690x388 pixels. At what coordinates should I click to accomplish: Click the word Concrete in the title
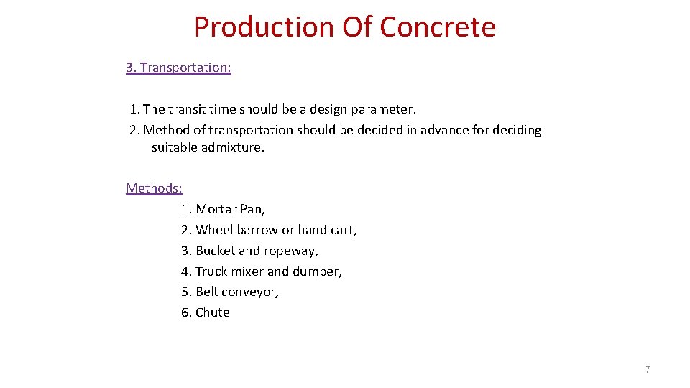pyautogui.click(x=437, y=27)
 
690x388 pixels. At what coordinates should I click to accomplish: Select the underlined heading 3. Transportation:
pyautogui.click(x=178, y=68)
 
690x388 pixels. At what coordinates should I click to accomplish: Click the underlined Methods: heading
pyautogui.click(x=154, y=188)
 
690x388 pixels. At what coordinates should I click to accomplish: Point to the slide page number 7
pyautogui.click(x=648, y=369)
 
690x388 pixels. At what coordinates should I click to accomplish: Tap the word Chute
pyautogui.click(x=213, y=313)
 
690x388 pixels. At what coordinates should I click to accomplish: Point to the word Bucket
pyautogui.click(x=215, y=251)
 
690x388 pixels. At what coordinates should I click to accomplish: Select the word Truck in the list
pyautogui.click(x=211, y=272)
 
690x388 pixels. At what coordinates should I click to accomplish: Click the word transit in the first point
pyautogui.click(x=187, y=109)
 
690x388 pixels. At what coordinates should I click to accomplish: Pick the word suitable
pyautogui.click(x=173, y=148)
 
